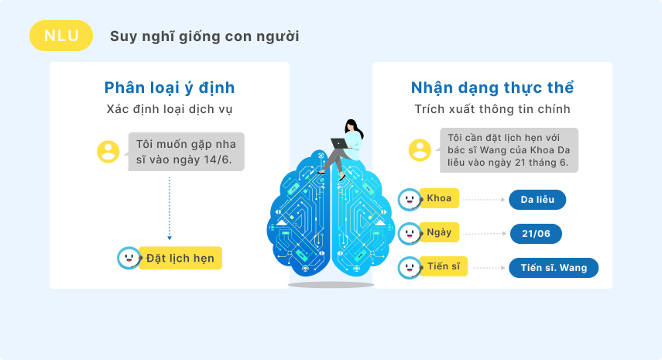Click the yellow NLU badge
pyautogui.click(x=61, y=36)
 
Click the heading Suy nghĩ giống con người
pyautogui.click(x=204, y=36)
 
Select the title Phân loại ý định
pyautogui.click(x=170, y=87)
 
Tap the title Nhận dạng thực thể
pyautogui.click(x=492, y=87)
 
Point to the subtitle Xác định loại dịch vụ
pyautogui.click(x=170, y=109)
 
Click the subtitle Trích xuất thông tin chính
pyautogui.click(x=492, y=109)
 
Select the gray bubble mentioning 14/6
pyautogui.click(x=186, y=152)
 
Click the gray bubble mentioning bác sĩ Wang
pyautogui.click(x=509, y=150)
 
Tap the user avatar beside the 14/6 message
pyautogui.click(x=108, y=152)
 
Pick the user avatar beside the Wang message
pyautogui.click(x=420, y=150)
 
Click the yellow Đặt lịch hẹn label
pyautogui.click(x=180, y=258)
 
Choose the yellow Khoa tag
pyautogui.click(x=439, y=198)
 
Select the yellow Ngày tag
pyautogui.click(x=439, y=232)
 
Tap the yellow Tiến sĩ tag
pyautogui.click(x=444, y=266)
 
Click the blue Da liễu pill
pyautogui.click(x=537, y=200)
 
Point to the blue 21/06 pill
pyautogui.click(x=537, y=234)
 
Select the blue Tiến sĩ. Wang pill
pyautogui.click(x=554, y=268)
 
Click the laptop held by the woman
pyautogui.click(x=339, y=143)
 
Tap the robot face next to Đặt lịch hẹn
pyautogui.click(x=129, y=258)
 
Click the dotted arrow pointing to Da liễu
pyautogui.click(x=484, y=200)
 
